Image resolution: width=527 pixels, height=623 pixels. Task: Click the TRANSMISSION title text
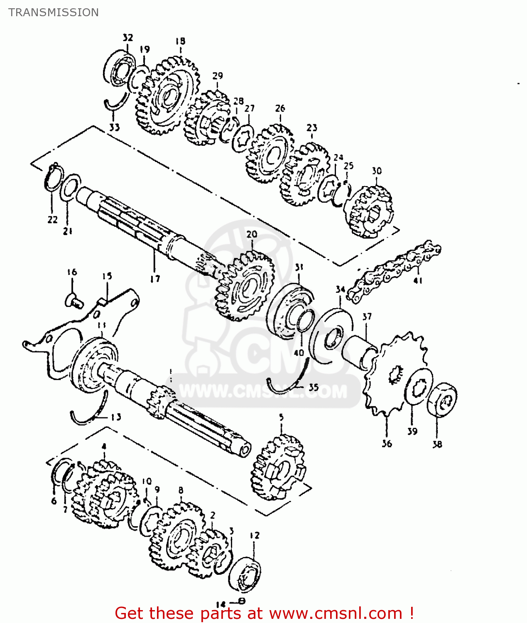click(x=54, y=12)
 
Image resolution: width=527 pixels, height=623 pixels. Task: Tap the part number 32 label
click(x=128, y=38)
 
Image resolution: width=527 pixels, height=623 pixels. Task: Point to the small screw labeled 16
click(x=74, y=299)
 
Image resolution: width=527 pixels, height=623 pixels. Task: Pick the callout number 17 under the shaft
click(x=155, y=279)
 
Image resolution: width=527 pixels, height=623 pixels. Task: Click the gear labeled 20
click(x=245, y=287)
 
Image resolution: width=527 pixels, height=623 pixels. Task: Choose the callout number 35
click(x=314, y=388)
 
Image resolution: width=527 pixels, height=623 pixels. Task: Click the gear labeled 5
click(x=278, y=467)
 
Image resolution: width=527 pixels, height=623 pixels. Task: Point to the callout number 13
click(x=116, y=417)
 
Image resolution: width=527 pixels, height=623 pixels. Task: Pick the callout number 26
click(x=280, y=108)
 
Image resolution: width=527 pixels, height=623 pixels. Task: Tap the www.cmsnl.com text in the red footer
click(x=336, y=613)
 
